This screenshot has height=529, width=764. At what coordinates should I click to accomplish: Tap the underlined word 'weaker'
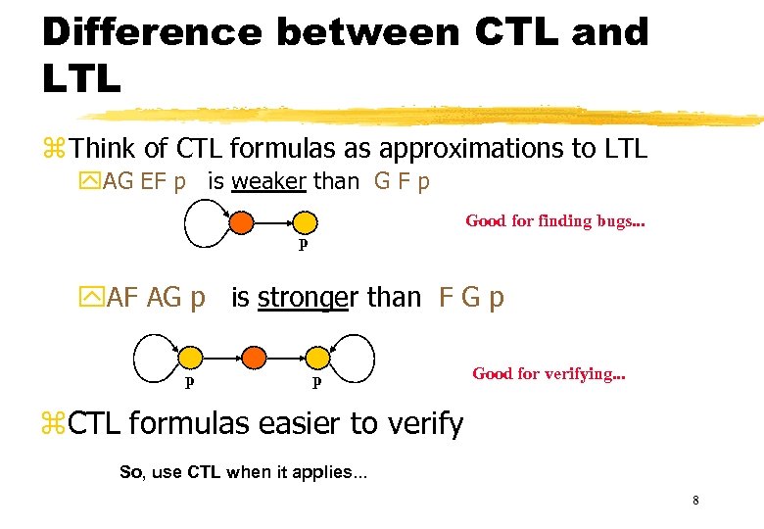click(x=268, y=181)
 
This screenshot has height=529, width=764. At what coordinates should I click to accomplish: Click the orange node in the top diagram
click(x=240, y=222)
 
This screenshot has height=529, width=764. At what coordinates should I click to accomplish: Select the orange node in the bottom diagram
click(x=254, y=357)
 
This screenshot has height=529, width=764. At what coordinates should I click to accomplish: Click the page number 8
click(x=694, y=501)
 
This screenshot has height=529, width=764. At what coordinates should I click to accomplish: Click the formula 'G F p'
click(x=402, y=181)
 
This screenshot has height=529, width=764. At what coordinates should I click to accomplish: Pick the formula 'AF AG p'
click(x=154, y=297)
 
